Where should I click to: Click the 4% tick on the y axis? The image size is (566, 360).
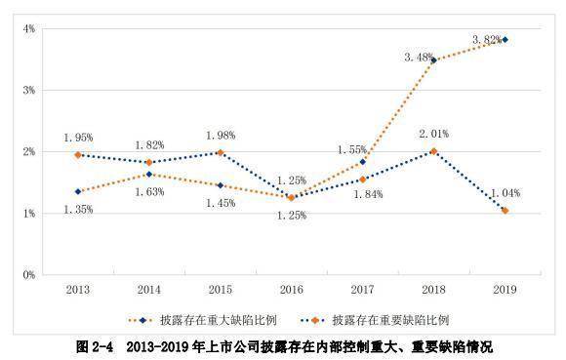(30, 28)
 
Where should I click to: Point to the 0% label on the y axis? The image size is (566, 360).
(30, 275)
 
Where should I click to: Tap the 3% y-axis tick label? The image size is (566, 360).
(30, 90)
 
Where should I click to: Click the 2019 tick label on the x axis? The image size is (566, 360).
(505, 290)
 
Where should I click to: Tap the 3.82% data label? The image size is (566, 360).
(486, 40)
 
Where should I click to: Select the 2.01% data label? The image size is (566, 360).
(433, 133)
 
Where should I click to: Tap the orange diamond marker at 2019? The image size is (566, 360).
(505, 211)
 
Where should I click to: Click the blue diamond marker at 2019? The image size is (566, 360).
(505, 40)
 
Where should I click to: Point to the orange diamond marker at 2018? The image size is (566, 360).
(433, 151)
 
